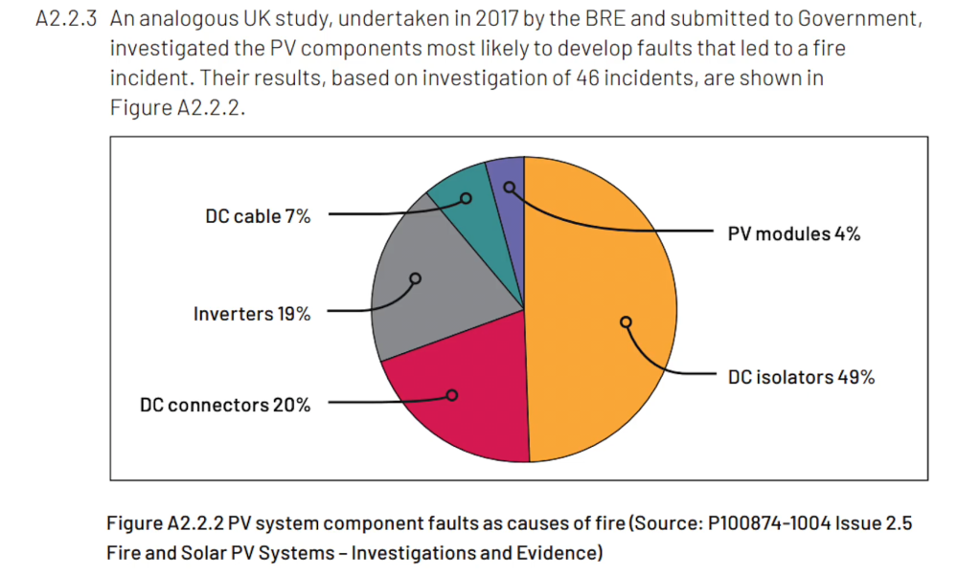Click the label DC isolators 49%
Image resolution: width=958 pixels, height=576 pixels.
(x=801, y=377)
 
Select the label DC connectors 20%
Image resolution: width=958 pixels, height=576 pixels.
(x=225, y=405)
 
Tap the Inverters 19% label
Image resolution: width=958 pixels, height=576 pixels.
(x=252, y=314)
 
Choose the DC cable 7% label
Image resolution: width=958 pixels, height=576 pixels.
(x=258, y=217)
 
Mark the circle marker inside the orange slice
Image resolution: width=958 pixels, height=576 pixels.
(x=626, y=322)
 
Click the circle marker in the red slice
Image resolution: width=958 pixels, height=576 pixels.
(x=452, y=394)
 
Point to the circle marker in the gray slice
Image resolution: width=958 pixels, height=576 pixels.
(x=415, y=279)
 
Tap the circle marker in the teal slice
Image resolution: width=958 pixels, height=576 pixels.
(x=467, y=199)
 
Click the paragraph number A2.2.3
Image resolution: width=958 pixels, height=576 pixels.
(x=67, y=20)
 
